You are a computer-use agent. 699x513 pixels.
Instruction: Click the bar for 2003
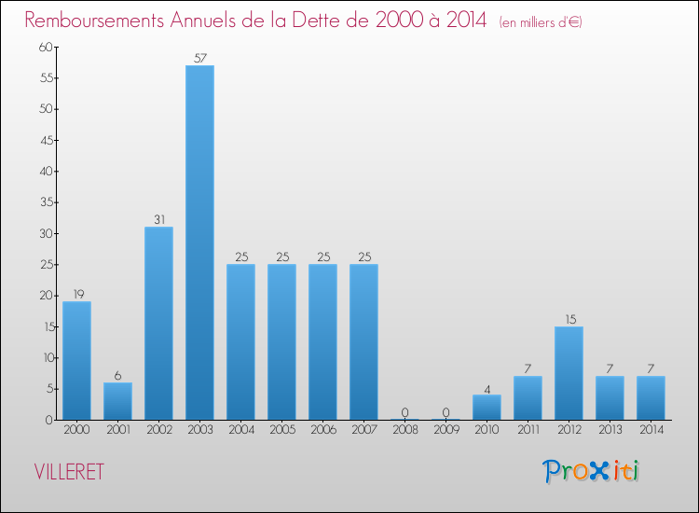coord(199,243)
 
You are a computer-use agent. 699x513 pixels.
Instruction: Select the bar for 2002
coord(158,323)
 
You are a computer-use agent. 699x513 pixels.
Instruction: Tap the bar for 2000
coord(76,360)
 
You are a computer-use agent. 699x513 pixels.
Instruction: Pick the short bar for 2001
coord(117,401)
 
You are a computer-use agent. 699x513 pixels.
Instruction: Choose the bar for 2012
coord(569,373)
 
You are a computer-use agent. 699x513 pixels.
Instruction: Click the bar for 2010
coord(487,407)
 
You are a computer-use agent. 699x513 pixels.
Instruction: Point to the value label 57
coord(199,58)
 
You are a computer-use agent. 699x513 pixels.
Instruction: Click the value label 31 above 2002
coord(158,220)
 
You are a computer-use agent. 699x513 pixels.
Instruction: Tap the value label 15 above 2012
coord(569,319)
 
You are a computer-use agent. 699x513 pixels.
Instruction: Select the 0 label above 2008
coord(404,412)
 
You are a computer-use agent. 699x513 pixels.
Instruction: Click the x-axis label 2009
coord(445,430)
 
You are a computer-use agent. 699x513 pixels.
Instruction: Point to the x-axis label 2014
coord(651,430)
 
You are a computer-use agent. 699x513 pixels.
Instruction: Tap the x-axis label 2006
coord(322,430)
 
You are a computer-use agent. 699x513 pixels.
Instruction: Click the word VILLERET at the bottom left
coord(69,472)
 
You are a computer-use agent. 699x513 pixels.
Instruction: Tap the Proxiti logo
coord(592,471)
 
